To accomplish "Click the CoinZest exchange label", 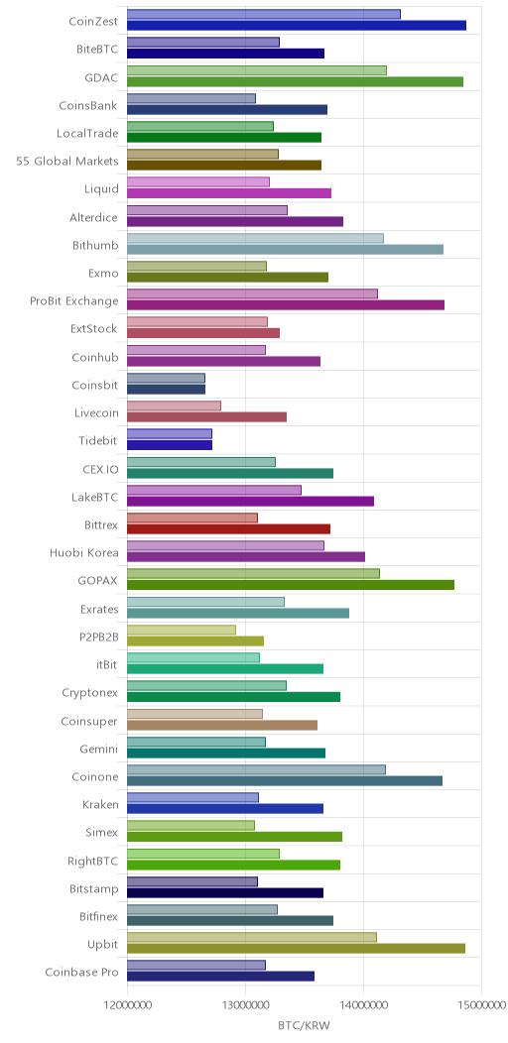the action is click(93, 21).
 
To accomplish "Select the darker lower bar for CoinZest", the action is click(297, 25).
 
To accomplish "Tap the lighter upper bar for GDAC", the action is click(256, 70).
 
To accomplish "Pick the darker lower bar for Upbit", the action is click(296, 948).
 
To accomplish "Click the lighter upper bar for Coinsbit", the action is click(166, 379).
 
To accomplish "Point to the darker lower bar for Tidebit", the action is click(169, 444).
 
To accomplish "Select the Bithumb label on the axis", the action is click(95, 246).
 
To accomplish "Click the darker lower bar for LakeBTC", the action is click(250, 501).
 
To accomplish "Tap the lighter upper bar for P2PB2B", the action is click(182, 630).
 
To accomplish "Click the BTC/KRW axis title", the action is click(304, 1025).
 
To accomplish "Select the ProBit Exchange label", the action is click(73, 301).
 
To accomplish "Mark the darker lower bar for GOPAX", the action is click(291, 584).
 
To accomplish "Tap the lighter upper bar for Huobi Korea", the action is click(225, 546).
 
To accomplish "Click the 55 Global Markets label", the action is click(67, 161).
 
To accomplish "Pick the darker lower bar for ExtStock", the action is click(203, 332).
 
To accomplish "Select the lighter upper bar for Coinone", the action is click(256, 769).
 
